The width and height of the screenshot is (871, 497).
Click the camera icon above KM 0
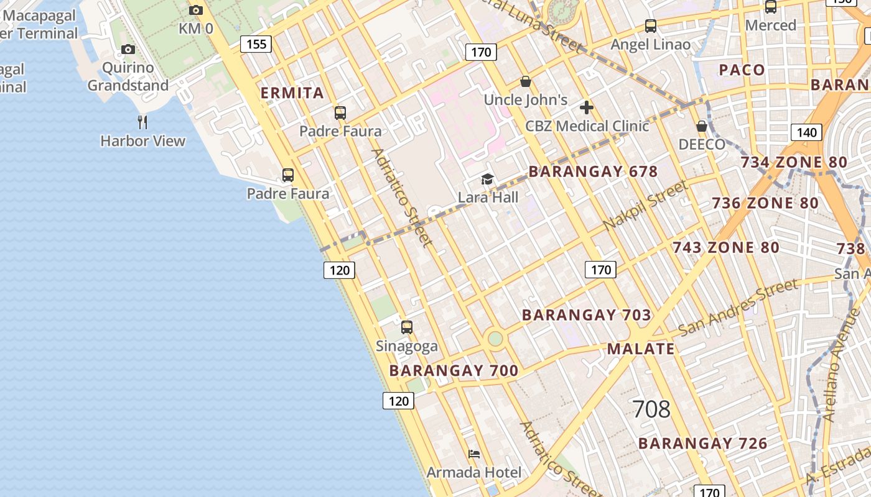coord(196,10)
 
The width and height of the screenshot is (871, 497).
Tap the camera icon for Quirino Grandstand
coord(128,49)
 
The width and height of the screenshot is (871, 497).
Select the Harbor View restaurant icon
coord(142,122)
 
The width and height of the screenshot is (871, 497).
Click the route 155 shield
coord(256,43)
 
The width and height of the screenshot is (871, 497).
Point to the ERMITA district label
coord(292,93)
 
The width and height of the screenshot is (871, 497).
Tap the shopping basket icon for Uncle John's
coord(526,81)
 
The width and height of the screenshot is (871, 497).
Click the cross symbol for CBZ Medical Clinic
coord(586,107)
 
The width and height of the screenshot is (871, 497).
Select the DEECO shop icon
coord(702,126)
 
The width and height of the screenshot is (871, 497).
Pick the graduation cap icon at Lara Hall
coord(488,180)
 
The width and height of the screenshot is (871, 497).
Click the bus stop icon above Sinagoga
coord(407,327)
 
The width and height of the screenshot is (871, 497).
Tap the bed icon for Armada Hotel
coord(474,454)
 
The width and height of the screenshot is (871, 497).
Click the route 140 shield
coord(806,132)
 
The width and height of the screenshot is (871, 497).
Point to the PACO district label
coord(742,70)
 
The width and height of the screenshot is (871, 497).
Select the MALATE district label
coord(641,349)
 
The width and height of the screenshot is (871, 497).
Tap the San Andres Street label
coord(738,307)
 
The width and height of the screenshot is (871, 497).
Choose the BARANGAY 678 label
coord(593,171)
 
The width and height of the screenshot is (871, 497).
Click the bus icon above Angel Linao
coord(651,26)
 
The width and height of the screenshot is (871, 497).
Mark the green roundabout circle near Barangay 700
coord(495,339)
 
